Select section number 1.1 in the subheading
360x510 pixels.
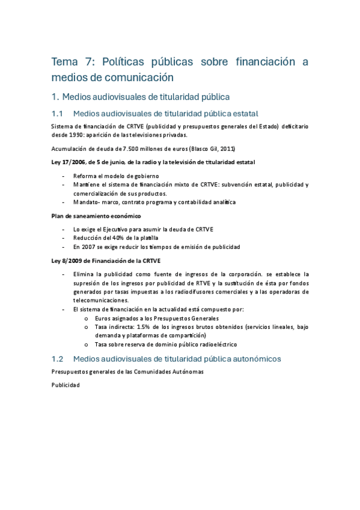58,114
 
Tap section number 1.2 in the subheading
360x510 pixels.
58,358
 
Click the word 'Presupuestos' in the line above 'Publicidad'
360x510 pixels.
70,372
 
